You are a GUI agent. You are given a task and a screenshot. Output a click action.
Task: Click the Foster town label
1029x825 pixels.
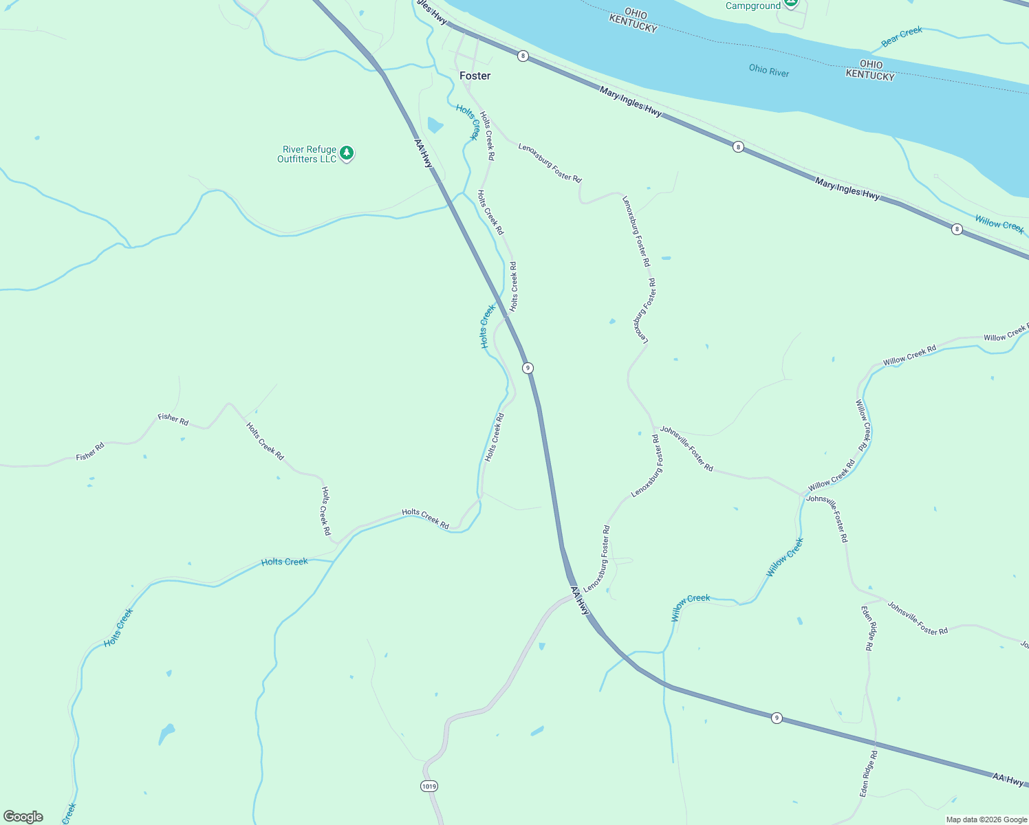(x=475, y=76)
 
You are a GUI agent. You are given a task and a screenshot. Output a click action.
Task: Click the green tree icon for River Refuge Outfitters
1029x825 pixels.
(x=347, y=153)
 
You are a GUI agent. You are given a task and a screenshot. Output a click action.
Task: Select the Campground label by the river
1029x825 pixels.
(x=752, y=6)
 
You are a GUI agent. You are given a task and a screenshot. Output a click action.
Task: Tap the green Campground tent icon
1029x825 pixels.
(x=791, y=3)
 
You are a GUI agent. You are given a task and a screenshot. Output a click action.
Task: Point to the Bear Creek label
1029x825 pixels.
(x=901, y=36)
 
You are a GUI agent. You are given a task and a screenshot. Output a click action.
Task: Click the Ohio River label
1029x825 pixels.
(x=768, y=70)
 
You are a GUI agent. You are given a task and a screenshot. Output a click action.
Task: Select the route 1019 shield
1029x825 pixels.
(x=429, y=786)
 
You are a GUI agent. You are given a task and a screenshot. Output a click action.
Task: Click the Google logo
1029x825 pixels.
(x=23, y=817)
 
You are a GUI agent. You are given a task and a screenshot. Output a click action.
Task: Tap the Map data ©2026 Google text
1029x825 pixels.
(x=986, y=819)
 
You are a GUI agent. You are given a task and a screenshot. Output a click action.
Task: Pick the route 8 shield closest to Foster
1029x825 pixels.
(x=523, y=56)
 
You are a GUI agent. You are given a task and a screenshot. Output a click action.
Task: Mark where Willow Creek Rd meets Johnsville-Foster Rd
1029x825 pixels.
(x=803, y=494)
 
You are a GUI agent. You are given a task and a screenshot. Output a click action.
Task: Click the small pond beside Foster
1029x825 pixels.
(x=435, y=124)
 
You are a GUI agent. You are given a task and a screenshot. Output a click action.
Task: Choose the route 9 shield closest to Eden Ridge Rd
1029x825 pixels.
(x=777, y=718)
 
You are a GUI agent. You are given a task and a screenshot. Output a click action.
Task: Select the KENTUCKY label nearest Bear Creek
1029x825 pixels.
(x=869, y=75)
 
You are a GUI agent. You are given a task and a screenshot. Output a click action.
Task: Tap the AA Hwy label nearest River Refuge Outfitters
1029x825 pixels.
(x=424, y=153)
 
